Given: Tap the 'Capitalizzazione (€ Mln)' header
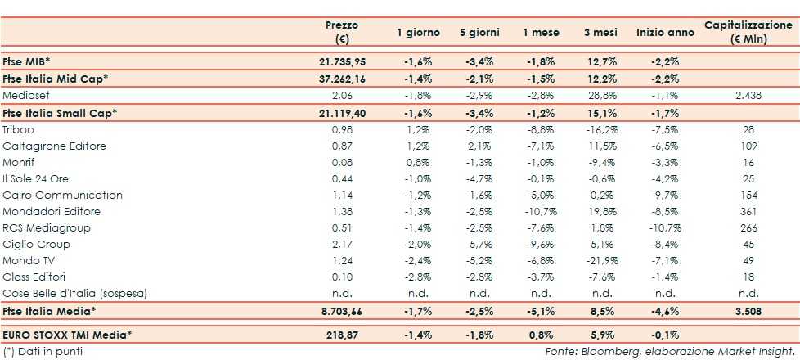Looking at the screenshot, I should click(x=748, y=32).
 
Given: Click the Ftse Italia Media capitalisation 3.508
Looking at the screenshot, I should click(x=746, y=311).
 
